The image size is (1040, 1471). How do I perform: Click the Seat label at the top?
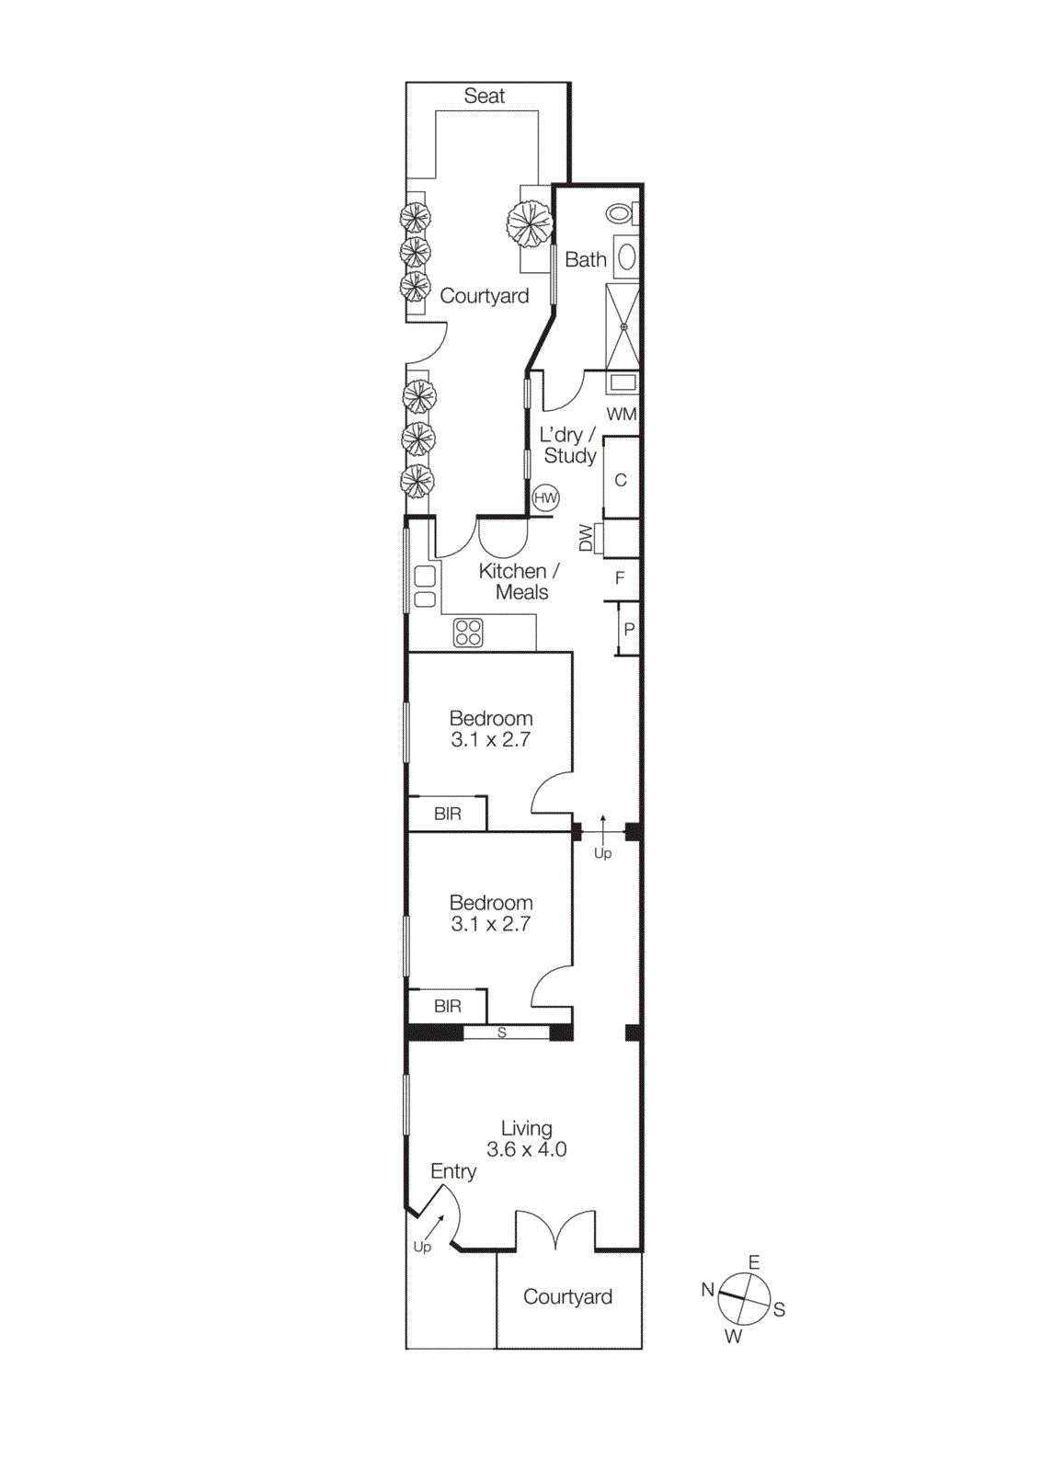click(x=484, y=96)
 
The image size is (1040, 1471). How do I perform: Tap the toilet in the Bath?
click(x=621, y=214)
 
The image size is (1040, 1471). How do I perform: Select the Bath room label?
click(x=585, y=260)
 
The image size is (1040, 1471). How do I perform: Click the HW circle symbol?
click(x=545, y=498)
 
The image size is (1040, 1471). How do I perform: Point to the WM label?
click(x=622, y=414)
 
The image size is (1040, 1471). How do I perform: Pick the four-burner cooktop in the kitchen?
click(x=468, y=633)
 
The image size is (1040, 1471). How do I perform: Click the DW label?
click(x=586, y=538)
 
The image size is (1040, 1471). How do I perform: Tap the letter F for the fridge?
click(x=620, y=577)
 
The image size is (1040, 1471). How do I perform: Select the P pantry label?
click(x=629, y=630)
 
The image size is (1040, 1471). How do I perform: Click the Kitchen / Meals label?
click(x=520, y=581)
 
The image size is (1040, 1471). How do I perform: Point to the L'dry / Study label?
click(x=568, y=445)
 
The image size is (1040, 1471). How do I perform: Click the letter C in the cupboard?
click(x=621, y=480)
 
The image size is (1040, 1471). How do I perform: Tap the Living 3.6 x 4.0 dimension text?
click(x=526, y=1149)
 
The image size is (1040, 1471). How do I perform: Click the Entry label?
click(x=453, y=1171)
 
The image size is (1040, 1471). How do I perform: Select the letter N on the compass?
click(x=708, y=1289)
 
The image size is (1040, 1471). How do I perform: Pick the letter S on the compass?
click(x=779, y=1309)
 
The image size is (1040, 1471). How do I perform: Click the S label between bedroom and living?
click(x=502, y=1032)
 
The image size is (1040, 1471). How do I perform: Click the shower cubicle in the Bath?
click(x=623, y=326)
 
